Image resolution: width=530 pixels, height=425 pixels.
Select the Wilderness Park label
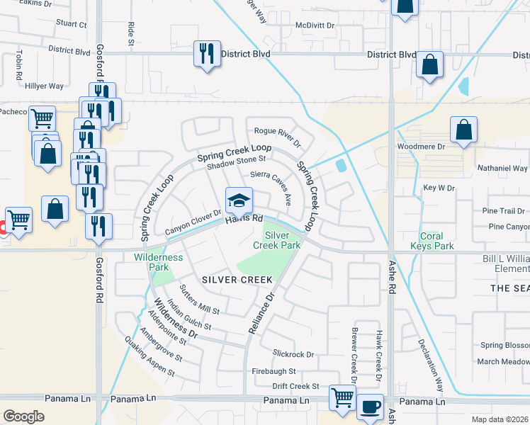coord(158,262)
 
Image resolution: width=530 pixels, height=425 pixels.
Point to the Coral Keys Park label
coord(432,241)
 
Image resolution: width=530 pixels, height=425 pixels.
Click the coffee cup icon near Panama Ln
coord(369,407)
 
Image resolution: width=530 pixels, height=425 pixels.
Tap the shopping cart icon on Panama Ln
coord(342,397)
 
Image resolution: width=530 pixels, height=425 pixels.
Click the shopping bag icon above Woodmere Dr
coord(463,130)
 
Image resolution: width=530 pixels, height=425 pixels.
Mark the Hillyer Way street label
coord(44,86)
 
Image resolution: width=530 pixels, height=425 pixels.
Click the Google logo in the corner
coord(23,416)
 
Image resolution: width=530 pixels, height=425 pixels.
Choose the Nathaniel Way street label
coord(504,168)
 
